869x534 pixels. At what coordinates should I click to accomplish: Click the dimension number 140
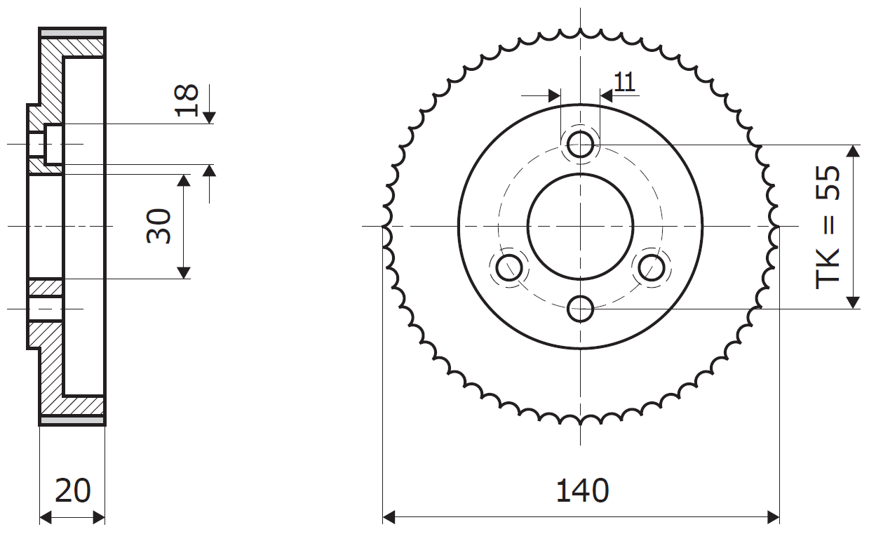click(x=582, y=491)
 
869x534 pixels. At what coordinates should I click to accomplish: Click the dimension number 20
click(x=72, y=491)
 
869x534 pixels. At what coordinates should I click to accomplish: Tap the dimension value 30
click(x=159, y=226)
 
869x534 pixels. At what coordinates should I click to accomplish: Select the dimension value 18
click(x=187, y=100)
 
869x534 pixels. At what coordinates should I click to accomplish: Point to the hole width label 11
click(x=624, y=82)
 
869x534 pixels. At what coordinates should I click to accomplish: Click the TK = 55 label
click(x=828, y=228)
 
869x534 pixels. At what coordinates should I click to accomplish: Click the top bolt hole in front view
click(x=580, y=145)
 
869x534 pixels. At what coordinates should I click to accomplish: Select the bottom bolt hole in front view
click(x=580, y=309)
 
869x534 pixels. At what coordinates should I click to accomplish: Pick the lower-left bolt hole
click(x=509, y=267)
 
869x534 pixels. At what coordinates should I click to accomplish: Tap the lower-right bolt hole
click(x=652, y=267)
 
